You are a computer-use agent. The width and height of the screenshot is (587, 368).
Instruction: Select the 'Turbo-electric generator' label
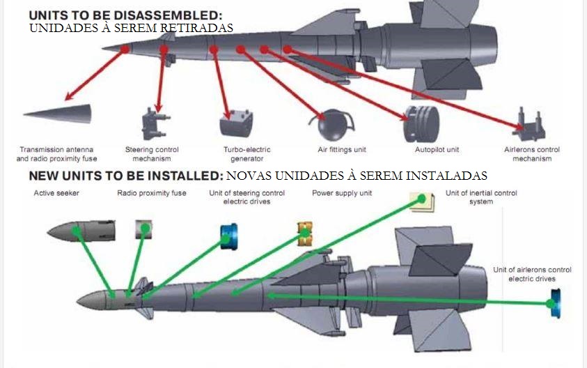[247, 154]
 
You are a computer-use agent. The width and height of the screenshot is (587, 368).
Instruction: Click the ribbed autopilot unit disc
[421, 124]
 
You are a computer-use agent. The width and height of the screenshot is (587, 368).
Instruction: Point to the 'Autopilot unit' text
[437, 150]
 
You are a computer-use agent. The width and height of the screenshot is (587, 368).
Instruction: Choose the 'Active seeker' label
[56, 193]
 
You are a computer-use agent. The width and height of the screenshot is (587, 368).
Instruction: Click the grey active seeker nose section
[81, 231]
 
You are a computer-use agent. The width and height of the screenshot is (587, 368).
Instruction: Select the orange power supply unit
[305, 234]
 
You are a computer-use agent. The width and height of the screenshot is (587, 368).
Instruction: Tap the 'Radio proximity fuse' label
[152, 193]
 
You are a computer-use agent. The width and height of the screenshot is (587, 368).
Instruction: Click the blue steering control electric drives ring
[228, 237]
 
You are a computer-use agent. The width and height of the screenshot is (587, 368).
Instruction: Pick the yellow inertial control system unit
[422, 202]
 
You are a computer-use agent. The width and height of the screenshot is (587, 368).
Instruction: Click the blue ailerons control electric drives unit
[556, 303]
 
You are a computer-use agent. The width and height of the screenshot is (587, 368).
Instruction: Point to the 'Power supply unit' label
[342, 193]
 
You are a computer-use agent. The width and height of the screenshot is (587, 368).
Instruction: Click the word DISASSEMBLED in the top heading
[167, 15]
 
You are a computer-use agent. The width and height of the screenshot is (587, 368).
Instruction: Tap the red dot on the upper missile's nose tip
[125, 49]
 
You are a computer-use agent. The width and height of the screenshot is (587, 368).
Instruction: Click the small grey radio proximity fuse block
[143, 229]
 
